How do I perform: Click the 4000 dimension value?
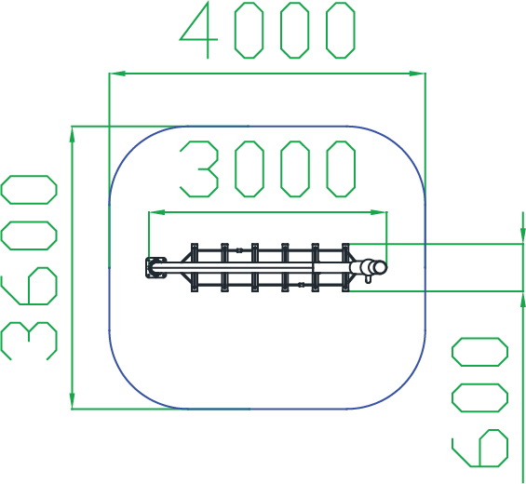pos(268,30)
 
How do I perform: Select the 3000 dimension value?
pos(268,168)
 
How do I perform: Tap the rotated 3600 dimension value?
pos(29,268)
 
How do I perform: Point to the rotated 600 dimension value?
pos(479,402)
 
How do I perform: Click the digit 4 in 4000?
pos(199,30)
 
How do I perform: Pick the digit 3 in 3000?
pos(199,168)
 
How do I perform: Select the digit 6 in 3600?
pos(29,286)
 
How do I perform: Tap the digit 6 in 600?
pos(479,448)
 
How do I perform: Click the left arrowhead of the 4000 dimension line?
pos(117,74)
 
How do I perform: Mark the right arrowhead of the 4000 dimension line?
pos(417,74)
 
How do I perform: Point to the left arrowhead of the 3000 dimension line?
pos(157,212)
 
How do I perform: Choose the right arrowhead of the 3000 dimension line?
pos(379,212)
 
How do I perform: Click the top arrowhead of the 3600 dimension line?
pos(72,135)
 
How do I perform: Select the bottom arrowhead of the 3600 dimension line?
pos(72,401)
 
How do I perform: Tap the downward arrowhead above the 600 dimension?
pos(522,235)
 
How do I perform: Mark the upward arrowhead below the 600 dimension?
pos(522,300)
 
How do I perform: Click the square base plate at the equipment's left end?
pos(156,267)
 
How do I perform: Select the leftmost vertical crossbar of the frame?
pos(195,268)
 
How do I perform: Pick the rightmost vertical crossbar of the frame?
pos(345,268)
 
